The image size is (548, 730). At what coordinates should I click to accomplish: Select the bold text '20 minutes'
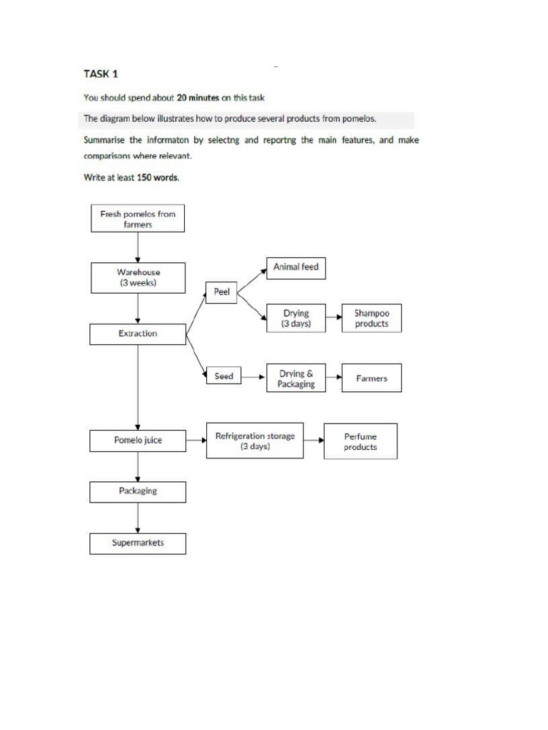[197, 98]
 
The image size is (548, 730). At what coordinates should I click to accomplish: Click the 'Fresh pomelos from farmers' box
[138, 218]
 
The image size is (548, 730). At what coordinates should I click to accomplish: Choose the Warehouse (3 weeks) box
[138, 277]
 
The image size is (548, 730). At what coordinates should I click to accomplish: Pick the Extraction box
[138, 334]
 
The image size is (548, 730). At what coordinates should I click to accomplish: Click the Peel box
[221, 293]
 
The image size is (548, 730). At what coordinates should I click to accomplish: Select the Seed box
[223, 376]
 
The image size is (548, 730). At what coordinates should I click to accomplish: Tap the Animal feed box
[295, 267]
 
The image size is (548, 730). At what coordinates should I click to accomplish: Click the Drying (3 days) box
[295, 318]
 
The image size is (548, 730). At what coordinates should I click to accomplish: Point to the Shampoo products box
[371, 318]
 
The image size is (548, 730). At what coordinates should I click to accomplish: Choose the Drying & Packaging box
[295, 379]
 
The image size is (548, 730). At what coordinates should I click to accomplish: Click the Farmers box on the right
[371, 379]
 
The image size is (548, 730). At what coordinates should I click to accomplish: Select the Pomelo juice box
[138, 441]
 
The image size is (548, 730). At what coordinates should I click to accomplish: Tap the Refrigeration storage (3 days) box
[255, 441]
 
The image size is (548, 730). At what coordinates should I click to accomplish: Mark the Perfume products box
[360, 441]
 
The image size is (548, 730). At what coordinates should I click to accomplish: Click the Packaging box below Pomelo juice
[138, 491]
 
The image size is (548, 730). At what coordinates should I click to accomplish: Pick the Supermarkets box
[138, 543]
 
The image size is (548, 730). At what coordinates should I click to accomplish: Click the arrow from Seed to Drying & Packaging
[253, 377]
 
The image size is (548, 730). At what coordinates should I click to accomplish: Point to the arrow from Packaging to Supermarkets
[138, 518]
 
